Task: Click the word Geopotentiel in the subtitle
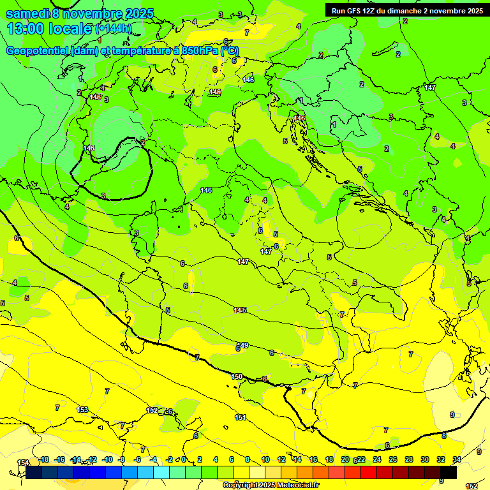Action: click(37, 51)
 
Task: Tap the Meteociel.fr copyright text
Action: click(271, 486)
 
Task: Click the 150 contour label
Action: click(237, 377)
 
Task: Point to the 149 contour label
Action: click(243, 345)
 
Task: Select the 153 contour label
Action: click(82, 410)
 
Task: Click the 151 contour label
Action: click(241, 417)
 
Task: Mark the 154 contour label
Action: click(23, 463)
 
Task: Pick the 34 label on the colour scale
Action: click(456, 459)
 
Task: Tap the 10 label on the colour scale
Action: click(265, 459)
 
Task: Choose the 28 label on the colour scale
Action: click(408, 459)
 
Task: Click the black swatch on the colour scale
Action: click(449, 473)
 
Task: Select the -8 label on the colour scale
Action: click(121, 459)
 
